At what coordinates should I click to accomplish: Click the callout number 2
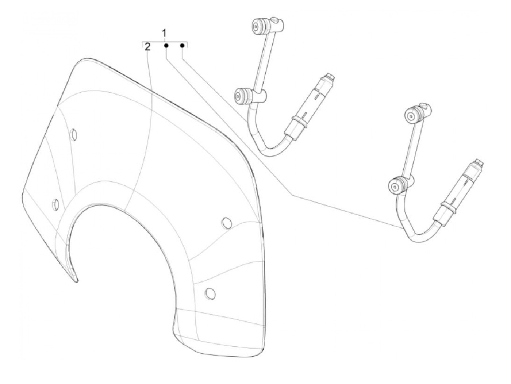pos(147,47)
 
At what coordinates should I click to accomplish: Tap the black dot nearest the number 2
pos(166,46)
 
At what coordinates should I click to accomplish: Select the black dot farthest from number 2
pos(182,46)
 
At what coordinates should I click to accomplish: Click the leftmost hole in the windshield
pos(55,204)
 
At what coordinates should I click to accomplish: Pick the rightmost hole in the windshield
pos(227,223)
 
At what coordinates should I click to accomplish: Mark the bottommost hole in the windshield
pos(210,293)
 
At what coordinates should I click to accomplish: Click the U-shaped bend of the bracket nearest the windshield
pos(270,150)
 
